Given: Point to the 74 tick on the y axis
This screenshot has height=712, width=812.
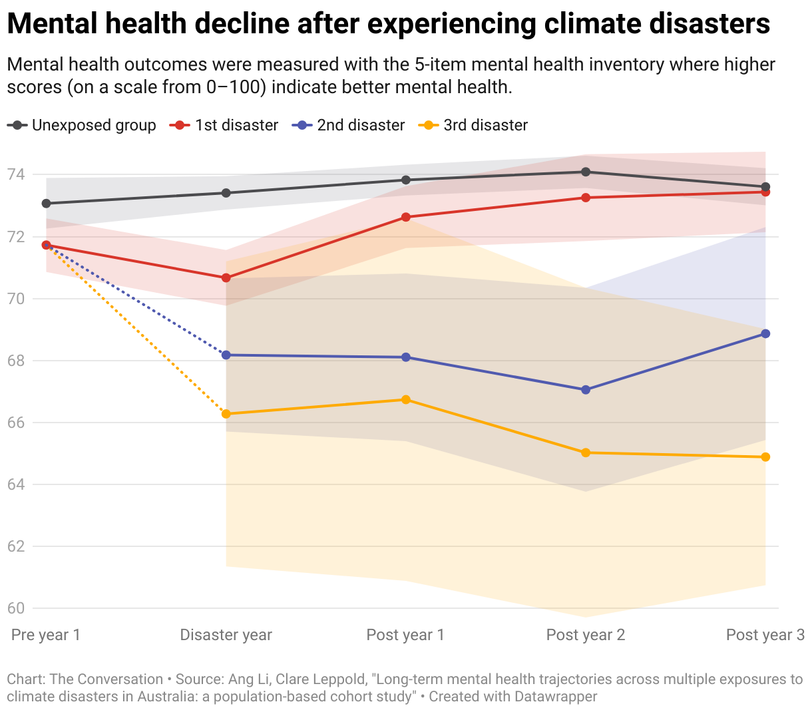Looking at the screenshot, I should click(x=16, y=174).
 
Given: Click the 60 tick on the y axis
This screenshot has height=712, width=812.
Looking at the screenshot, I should click(x=16, y=608).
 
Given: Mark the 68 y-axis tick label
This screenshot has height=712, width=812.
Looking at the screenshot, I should click(x=16, y=361).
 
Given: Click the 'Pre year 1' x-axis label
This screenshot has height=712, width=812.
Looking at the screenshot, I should click(x=46, y=635).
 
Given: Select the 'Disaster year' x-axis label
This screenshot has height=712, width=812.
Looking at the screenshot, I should click(x=226, y=635).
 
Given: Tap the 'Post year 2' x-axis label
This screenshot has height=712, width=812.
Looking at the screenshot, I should click(x=586, y=635).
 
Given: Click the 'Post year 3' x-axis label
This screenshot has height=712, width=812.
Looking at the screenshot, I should click(x=765, y=635).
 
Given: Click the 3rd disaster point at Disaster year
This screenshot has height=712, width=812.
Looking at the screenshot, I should click(x=226, y=414).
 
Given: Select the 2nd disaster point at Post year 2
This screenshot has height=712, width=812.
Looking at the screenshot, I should click(x=586, y=390).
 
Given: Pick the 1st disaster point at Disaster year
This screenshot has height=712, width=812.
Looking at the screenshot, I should click(x=226, y=277).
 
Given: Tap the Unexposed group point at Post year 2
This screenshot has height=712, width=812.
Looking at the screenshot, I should click(x=586, y=172).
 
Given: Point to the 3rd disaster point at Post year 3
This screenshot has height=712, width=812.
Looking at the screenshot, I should click(x=765, y=457).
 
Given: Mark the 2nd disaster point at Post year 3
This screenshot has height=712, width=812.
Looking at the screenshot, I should click(x=765, y=333).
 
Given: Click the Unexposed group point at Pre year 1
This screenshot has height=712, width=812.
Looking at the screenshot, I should click(x=46, y=203).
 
